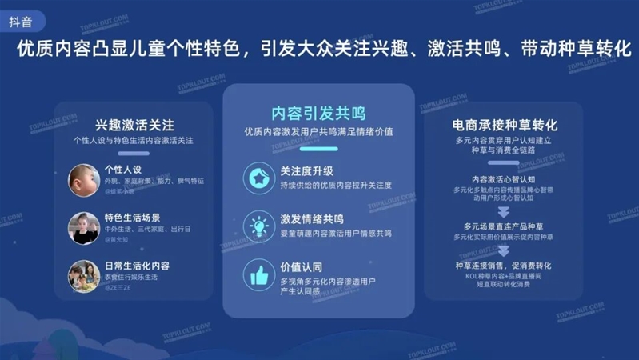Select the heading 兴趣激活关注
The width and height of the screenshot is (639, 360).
(x=134, y=125)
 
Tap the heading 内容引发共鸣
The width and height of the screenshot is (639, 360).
(x=318, y=114)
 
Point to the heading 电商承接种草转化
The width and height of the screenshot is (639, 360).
(x=504, y=125)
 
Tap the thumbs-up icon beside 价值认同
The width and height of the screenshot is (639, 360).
(x=258, y=275)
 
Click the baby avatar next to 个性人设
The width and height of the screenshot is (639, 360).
(x=83, y=179)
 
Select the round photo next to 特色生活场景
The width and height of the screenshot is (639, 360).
(x=83, y=228)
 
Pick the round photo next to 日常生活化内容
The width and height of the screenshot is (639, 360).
(x=83, y=276)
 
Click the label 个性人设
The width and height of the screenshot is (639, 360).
(x=122, y=170)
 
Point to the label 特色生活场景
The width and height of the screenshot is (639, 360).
(x=132, y=218)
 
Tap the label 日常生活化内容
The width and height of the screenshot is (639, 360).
(x=137, y=266)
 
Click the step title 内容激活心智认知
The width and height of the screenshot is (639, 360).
(x=503, y=179)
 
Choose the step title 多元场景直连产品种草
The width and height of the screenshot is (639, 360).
(x=503, y=226)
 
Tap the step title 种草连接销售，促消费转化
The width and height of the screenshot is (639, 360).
(x=503, y=266)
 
